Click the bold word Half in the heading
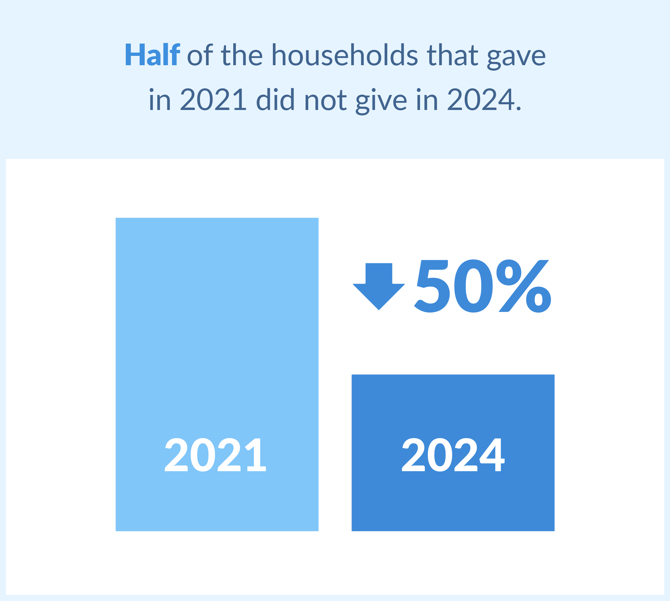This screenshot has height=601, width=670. coord(152,54)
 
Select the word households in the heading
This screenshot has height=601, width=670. coord(345,54)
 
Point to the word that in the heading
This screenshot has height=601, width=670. coord(453,54)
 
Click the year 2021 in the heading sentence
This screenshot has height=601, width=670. coord(213,99)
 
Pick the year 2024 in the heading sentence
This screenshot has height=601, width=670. coord(481,99)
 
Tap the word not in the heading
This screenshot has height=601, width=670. coord(325,101)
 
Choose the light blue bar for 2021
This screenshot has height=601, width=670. coord(217,374)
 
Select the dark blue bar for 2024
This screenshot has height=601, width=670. coord(453,453)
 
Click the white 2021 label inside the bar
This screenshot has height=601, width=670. coord(215,455)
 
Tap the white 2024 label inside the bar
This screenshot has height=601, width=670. coord(453,455)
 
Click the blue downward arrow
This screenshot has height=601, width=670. coord(379,286)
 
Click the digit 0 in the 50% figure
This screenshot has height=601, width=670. coord(473,286)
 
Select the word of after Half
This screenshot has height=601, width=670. coord(200,54)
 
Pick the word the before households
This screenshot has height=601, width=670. coord(242,54)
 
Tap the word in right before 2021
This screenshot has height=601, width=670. coord(160,99)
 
